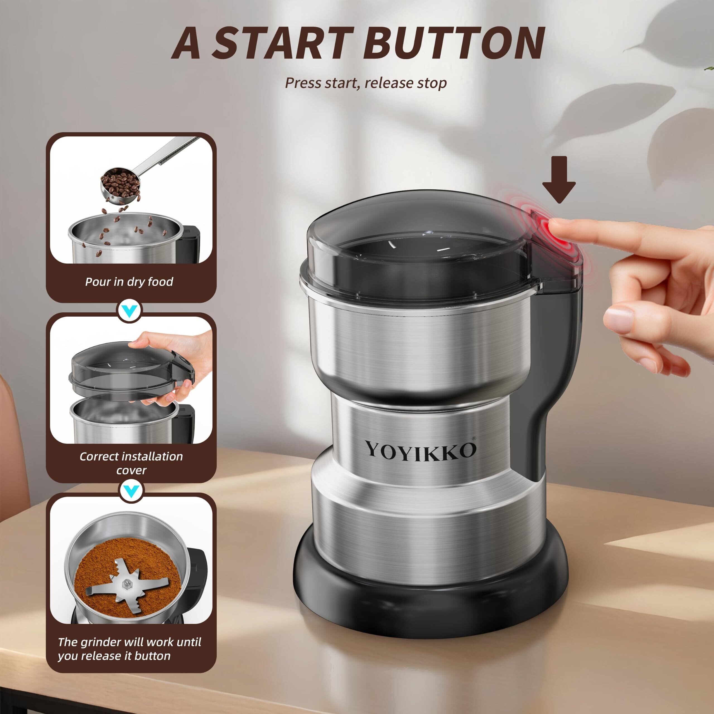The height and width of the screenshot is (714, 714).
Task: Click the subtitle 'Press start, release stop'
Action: pos(365,83)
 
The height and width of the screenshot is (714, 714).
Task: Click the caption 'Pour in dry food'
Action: pos(129,282)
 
